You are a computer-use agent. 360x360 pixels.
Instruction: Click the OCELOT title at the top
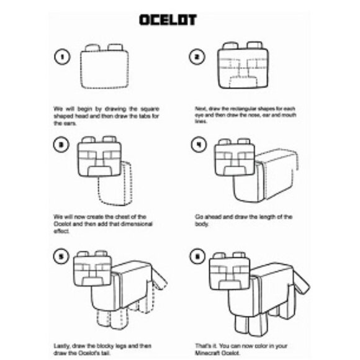pyautogui.click(x=168, y=20)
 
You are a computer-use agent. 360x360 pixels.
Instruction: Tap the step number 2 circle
pyautogui.click(x=197, y=58)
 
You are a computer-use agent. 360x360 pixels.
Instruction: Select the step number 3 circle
pyautogui.click(x=61, y=145)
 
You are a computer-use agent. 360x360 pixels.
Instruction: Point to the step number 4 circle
pyautogui.click(x=197, y=145)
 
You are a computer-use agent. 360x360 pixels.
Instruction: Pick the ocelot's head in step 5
pyautogui.click(x=92, y=271)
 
